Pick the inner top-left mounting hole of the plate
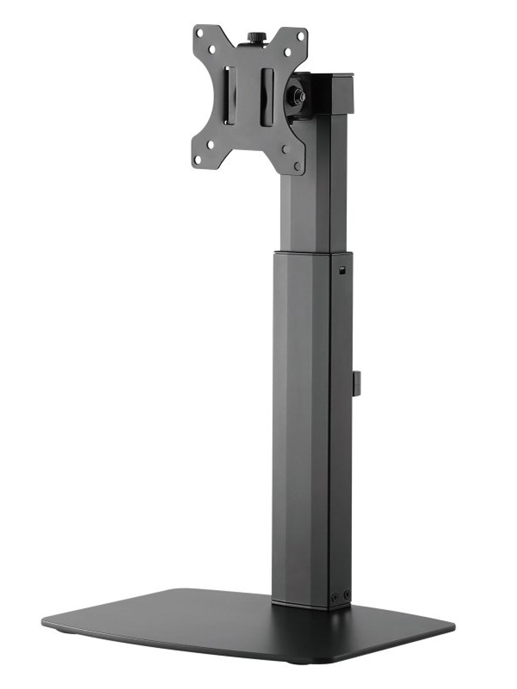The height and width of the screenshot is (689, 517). pyautogui.click(x=212, y=47)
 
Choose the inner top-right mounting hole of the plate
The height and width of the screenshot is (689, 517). pyautogui.click(x=287, y=52)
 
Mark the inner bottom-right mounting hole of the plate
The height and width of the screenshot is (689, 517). pyautogui.click(x=284, y=149)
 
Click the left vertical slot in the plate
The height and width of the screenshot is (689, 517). pyautogui.click(x=231, y=95)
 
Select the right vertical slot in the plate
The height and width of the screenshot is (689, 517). pyautogui.click(x=268, y=98)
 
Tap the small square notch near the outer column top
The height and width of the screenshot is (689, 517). pyautogui.click(x=342, y=272)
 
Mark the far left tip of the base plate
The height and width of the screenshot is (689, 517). pyautogui.click(x=42, y=621)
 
